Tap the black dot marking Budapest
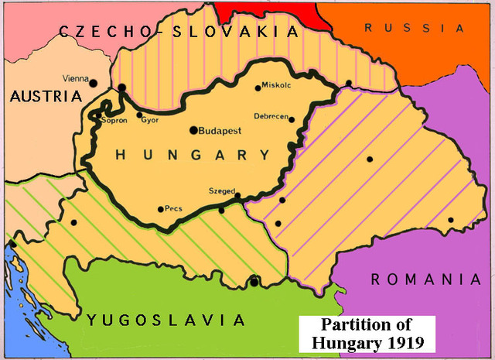click(194, 130)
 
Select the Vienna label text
click(75, 79)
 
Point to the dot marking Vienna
click(94, 82)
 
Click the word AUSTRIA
click(46, 97)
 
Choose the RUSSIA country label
click(415, 28)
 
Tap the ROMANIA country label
click(426, 279)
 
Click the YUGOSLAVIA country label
click(166, 320)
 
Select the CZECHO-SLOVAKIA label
click(177, 32)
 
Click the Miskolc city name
click(276, 86)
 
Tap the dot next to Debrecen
click(292, 118)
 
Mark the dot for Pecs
click(160, 209)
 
